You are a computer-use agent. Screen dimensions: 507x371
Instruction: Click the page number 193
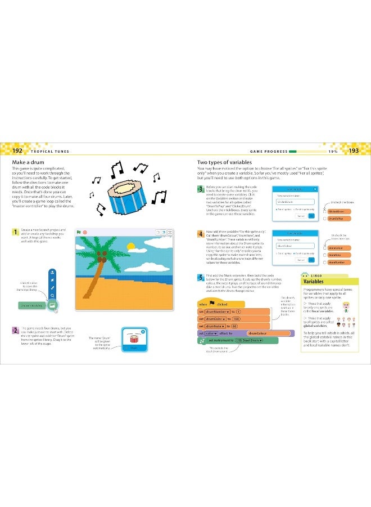[x=353, y=151]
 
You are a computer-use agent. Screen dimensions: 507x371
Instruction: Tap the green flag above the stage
[x=78, y=232]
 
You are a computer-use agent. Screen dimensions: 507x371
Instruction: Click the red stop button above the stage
[x=84, y=232]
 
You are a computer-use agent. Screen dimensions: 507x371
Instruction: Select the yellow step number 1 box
[x=15, y=232]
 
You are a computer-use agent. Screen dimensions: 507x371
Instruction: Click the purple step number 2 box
[x=15, y=330]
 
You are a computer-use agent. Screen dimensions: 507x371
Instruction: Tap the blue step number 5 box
[x=200, y=277]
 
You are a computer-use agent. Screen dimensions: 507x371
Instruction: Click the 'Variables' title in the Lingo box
[x=314, y=282]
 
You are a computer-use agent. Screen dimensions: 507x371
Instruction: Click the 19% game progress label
[x=332, y=151]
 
